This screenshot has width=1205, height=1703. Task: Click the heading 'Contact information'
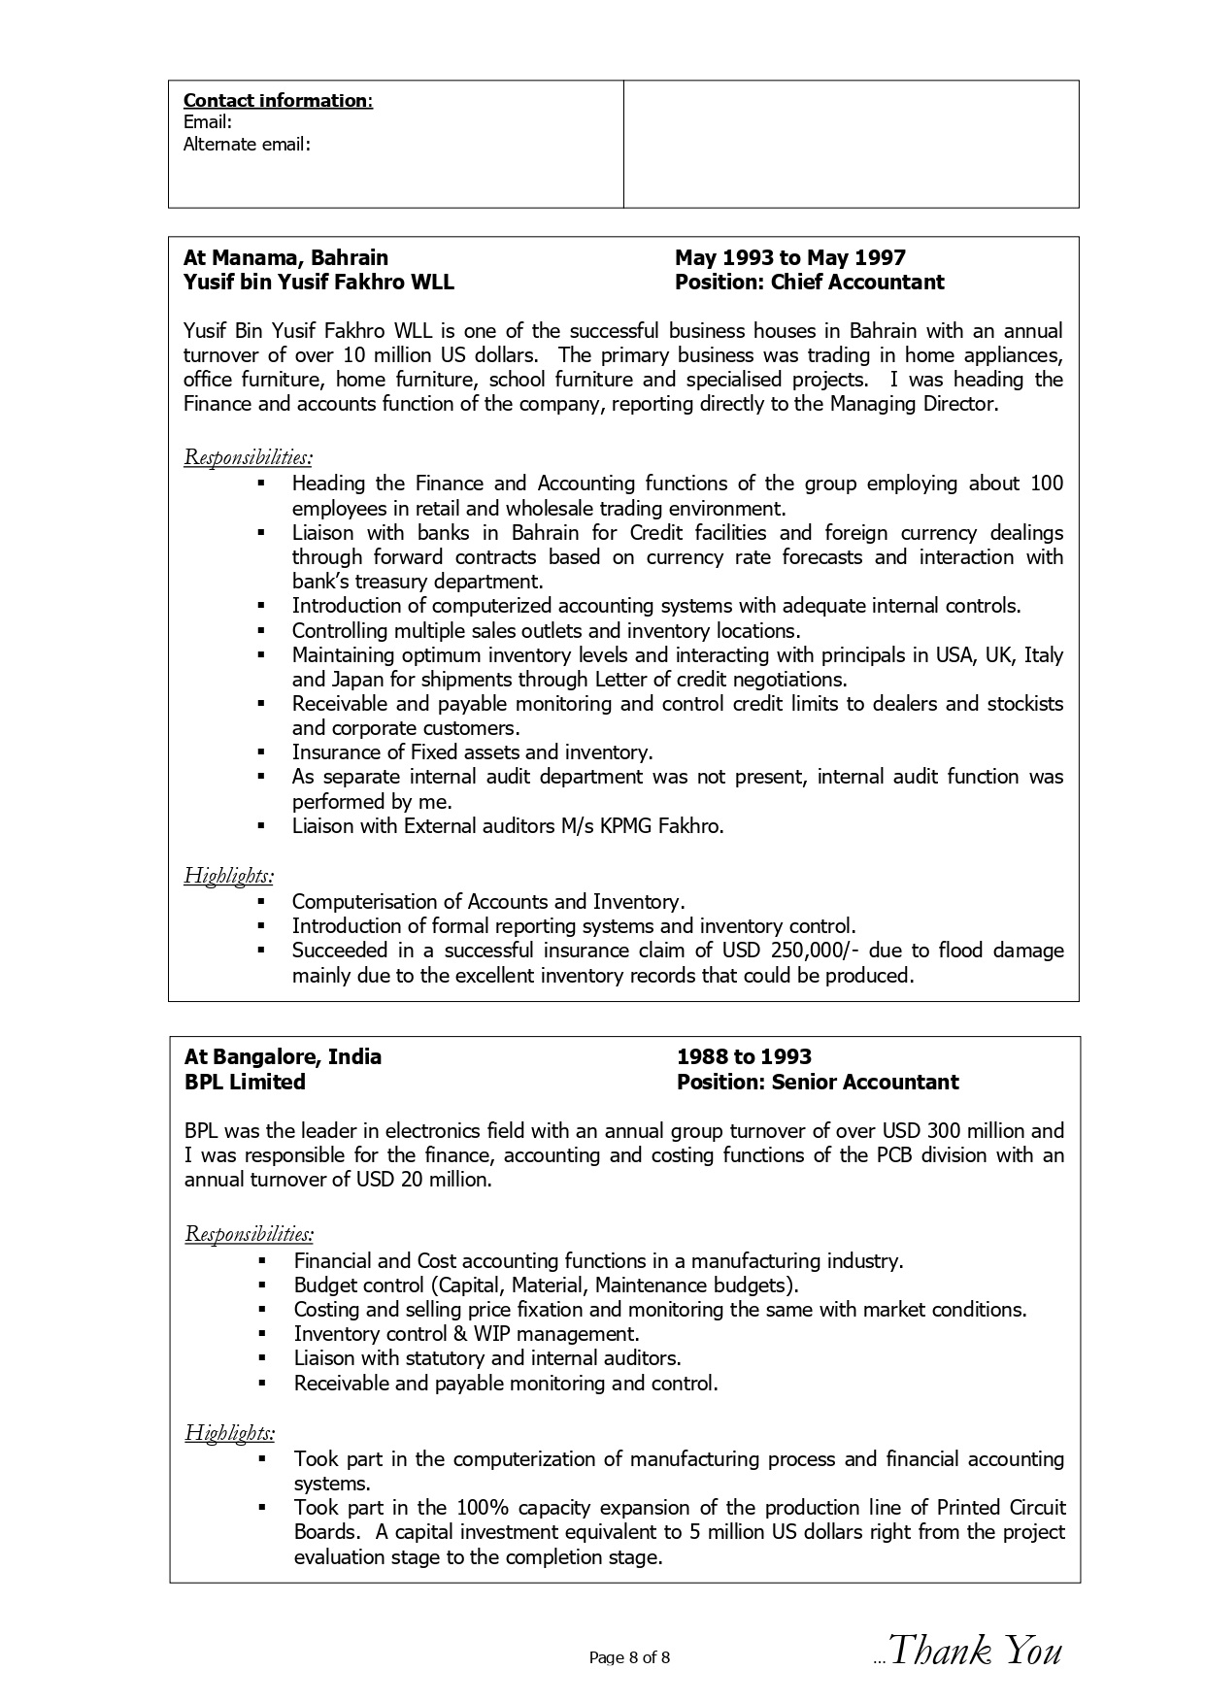[x=277, y=101]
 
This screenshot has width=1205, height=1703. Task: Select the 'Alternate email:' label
[x=247, y=145]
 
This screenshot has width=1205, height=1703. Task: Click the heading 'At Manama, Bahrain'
[x=285, y=258]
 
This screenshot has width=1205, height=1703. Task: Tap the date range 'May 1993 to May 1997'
[x=789, y=258]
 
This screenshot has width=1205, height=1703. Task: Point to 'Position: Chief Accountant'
[x=809, y=283]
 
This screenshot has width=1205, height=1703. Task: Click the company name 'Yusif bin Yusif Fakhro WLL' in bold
[x=318, y=283]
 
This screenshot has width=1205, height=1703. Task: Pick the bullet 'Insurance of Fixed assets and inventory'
[x=472, y=752]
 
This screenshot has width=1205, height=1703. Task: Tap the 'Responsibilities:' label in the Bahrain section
[x=248, y=456]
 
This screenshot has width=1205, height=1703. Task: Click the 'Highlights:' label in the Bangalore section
[x=229, y=1432]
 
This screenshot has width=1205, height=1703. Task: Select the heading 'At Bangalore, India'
[x=283, y=1057]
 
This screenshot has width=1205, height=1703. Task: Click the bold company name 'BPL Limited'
[x=245, y=1083]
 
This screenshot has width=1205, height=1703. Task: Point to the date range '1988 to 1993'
[x=744, y=1057]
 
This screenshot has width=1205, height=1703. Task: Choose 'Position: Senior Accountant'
[x=818, y=1083]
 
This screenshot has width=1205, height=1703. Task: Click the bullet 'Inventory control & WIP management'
[x=466, y=1334]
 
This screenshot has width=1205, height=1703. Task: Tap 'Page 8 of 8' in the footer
[x=629, y=1657]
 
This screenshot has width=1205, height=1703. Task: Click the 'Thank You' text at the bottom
[x=975, y=1651]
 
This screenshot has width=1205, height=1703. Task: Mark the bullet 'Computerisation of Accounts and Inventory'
[x=487, y=902]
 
